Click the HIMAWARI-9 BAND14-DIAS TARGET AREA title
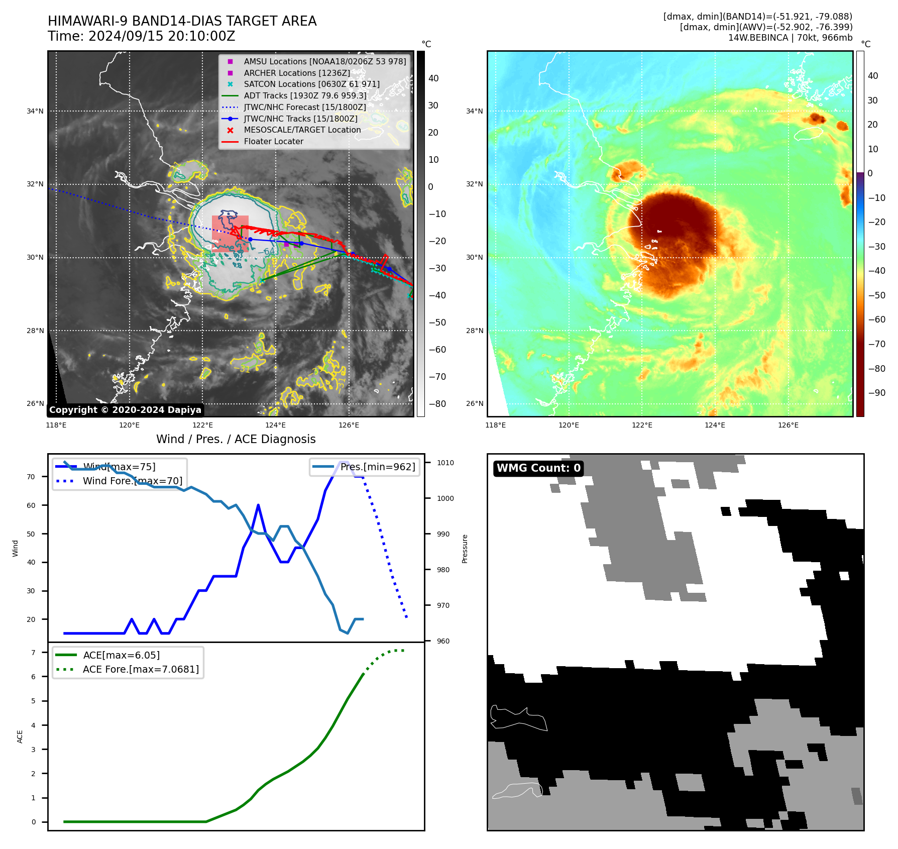pyautogui.click(x=182, y=21)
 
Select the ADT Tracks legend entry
pyautogui.click(x=305, y=95)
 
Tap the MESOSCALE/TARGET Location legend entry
pyautogui.click(x=302, y=130)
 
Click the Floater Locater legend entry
pyautogui.click(x=273, y=141)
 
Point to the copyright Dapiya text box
pyautogui.click(x=125, y=410)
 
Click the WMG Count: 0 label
pyautogui.click(x=538, y=468)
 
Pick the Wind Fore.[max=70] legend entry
pyautogui.click(x=132, y=481)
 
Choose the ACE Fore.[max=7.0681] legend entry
pyautogui.click(x=141, y=669)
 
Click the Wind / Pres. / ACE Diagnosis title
pyautogui.click(x=236, y=439)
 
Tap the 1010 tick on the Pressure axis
pyautogui.click(x=445, y=463)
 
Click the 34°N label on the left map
pyautogui.click(x=35, y=111)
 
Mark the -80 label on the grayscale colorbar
pyautogui.click(x=437, y=403)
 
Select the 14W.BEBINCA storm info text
pyautogui.click(x=790, y=38)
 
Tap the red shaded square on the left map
pyautogui.click(x=230, y=233)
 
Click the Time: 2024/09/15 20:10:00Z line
pyautogui.click(x=141, y=36)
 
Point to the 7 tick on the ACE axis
pyautogui.click(x=33, y=653)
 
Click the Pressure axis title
pyautogui.click(x=465, y=549)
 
